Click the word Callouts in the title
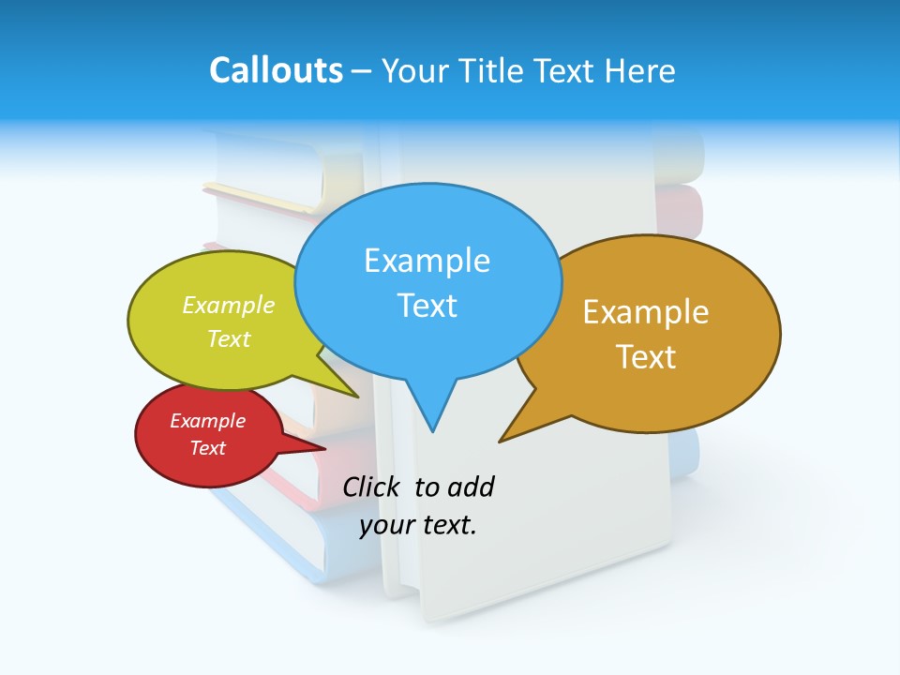pos(276,70)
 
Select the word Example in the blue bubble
pos(427,261)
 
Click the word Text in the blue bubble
pos(427,306)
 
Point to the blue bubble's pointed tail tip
pos(432,431)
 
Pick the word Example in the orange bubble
pos(646,312)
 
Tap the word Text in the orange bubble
pos(646,357)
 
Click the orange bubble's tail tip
pos(501,441)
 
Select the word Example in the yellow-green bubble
pos(229,306)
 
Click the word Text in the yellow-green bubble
pos(229,339)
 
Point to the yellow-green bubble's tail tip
pos(357,397)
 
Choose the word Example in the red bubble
pos(207,421)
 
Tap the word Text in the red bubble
pos(207,448)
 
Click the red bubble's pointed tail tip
pos(324,449)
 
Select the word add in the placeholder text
pos(471,487)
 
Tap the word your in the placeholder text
pos(386,525)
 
